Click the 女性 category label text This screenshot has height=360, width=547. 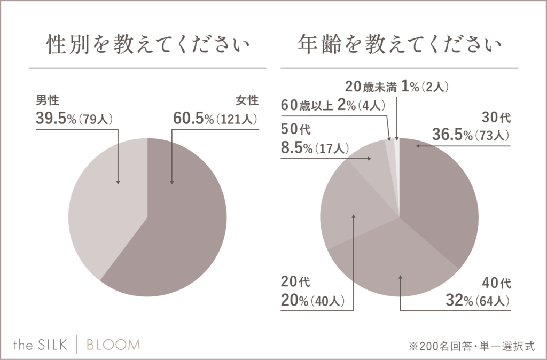(x=246, y=100)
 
